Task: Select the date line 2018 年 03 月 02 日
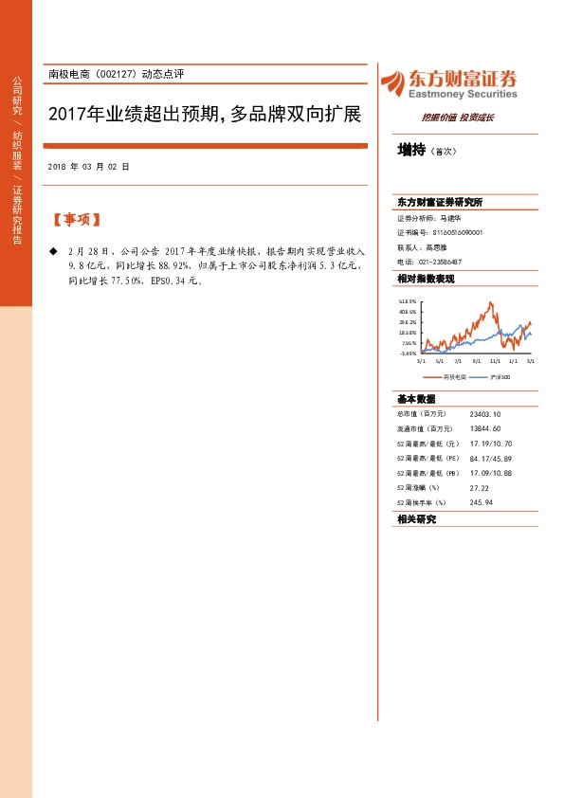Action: click(x=88, y=167)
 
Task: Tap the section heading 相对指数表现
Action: click(x=426, y=279)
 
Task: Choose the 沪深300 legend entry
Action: click(x=502, y=377)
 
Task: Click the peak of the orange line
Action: click(x=490, y=303)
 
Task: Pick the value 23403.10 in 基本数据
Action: click(x=485, y=414)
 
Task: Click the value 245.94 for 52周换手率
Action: click(x=482, y=502)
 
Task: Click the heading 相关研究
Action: click(x=416, y=519)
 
